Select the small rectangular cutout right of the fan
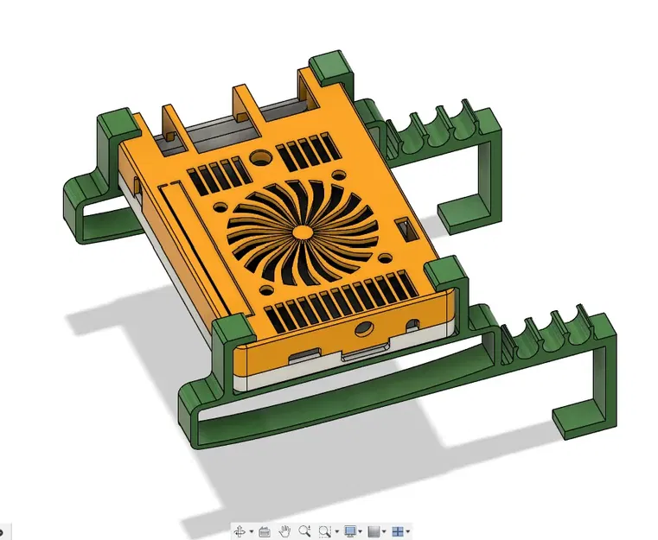(x=402, y=231)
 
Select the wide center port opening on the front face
(x=361, y=353)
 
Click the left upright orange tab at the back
(x=171, y=121)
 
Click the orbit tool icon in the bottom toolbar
(x=240, y=531)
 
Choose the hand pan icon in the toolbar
(x=284, y=531)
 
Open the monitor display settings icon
(x=350, y=531)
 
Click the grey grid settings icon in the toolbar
(x=374, y=531)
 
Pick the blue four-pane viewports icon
(x=399, y=531)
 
